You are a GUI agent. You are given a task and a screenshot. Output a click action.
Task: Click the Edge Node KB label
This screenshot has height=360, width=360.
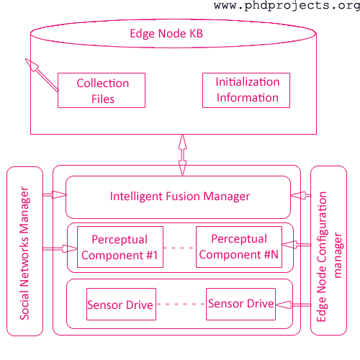point(166,34)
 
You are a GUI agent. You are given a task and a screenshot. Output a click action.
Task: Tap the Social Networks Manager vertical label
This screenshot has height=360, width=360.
point(24,253)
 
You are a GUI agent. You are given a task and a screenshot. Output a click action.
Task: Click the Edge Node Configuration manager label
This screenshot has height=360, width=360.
point(329,256)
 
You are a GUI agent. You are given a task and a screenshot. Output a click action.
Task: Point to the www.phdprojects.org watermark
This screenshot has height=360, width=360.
point(287,6)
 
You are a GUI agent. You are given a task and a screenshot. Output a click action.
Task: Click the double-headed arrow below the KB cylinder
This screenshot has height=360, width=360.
point(182,155)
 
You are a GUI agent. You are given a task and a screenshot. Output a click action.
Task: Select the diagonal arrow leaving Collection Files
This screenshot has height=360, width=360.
point(42,75)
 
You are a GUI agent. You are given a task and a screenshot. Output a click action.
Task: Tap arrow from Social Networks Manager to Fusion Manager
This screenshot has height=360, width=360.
point(55,194)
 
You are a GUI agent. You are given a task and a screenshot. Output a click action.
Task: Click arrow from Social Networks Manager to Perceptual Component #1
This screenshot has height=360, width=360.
point(60,248)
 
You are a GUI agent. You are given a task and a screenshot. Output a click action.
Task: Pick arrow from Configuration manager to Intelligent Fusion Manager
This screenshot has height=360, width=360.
point(301,195)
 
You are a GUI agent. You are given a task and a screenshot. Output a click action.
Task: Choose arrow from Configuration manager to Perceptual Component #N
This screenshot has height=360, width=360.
point(297,245)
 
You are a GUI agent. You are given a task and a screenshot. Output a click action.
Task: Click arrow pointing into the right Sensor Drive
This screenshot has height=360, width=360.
point(293,305)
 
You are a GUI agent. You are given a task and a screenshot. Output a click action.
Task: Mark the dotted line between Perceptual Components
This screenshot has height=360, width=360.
point(179,248)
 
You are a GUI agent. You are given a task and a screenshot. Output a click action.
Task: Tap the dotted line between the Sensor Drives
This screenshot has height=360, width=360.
point(181,304)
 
